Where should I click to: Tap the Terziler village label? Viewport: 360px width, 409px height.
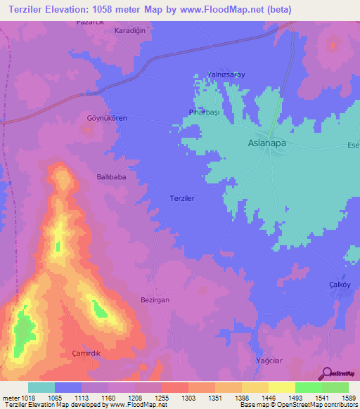point(181,199)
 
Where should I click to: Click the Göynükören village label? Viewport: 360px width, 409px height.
point(107,118)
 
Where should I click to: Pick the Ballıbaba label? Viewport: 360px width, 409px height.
point(111,177)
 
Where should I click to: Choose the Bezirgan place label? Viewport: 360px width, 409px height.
point(155,299)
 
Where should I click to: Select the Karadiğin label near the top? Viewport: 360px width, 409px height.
point(130,32)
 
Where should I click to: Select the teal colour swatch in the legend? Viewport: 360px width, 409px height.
point(41,387)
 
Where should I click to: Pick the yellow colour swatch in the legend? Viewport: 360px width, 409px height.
point(281,387)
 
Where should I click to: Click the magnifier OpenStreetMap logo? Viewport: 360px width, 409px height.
point(326,374)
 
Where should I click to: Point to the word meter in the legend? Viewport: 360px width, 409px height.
point(10,397)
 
